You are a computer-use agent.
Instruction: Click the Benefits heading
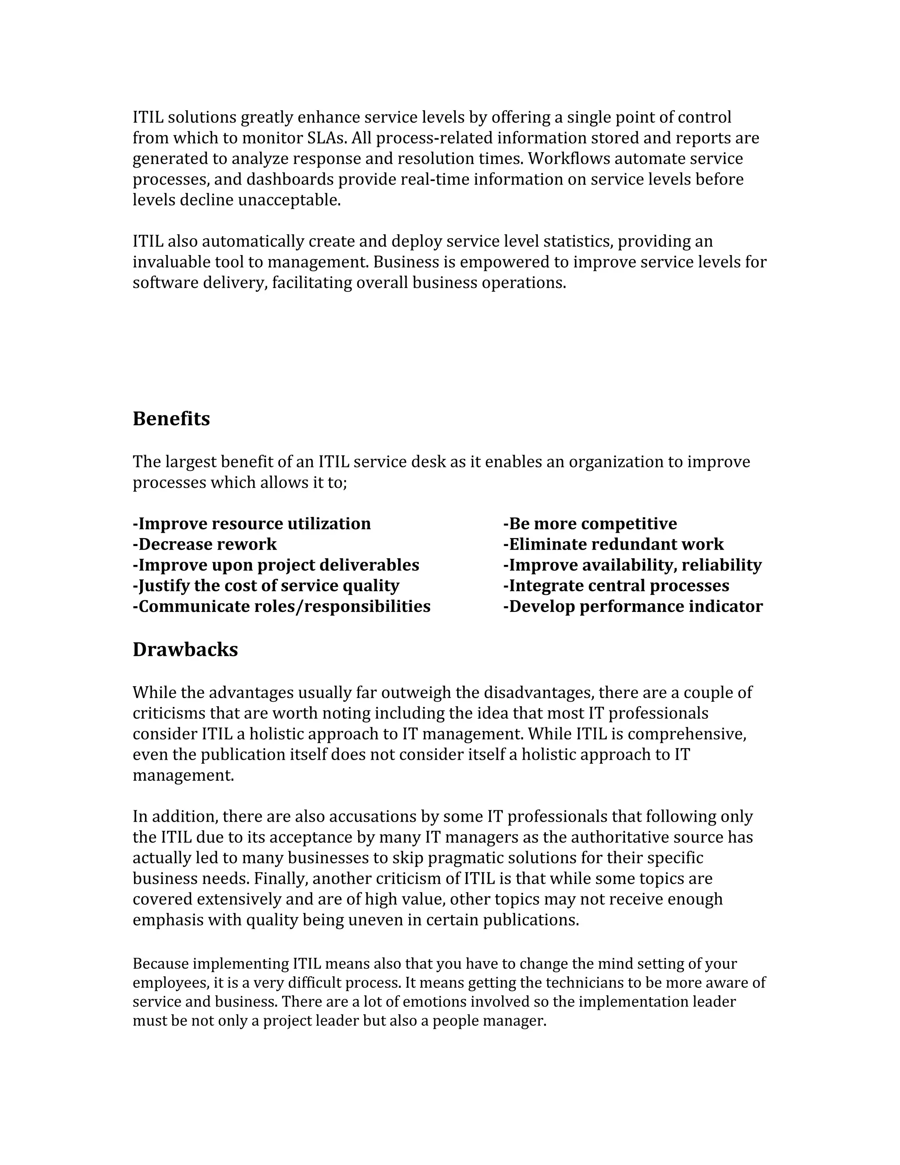coord(171,419)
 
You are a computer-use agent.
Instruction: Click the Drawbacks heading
coord(185,650)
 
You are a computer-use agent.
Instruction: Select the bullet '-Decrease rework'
coord(205,544)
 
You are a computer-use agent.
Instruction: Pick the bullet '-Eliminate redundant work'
coord(613,544)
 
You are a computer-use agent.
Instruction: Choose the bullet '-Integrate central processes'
coord(616,586)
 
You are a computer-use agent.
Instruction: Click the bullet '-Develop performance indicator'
coord(633,607)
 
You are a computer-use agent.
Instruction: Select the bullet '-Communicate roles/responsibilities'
coord(282,607)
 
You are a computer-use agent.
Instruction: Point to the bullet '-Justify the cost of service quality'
coord(265,586)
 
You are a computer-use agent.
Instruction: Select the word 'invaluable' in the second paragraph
coord(171,262)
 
